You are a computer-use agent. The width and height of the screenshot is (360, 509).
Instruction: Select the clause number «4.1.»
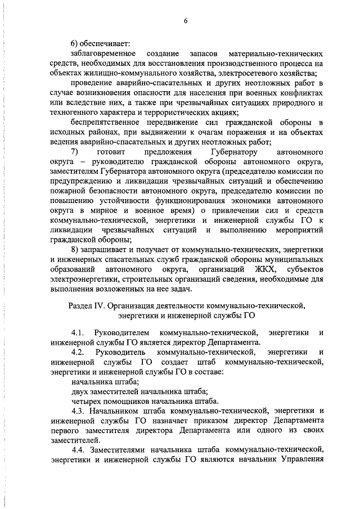[79, 332]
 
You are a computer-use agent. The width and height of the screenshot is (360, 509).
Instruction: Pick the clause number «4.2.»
[79, 352]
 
